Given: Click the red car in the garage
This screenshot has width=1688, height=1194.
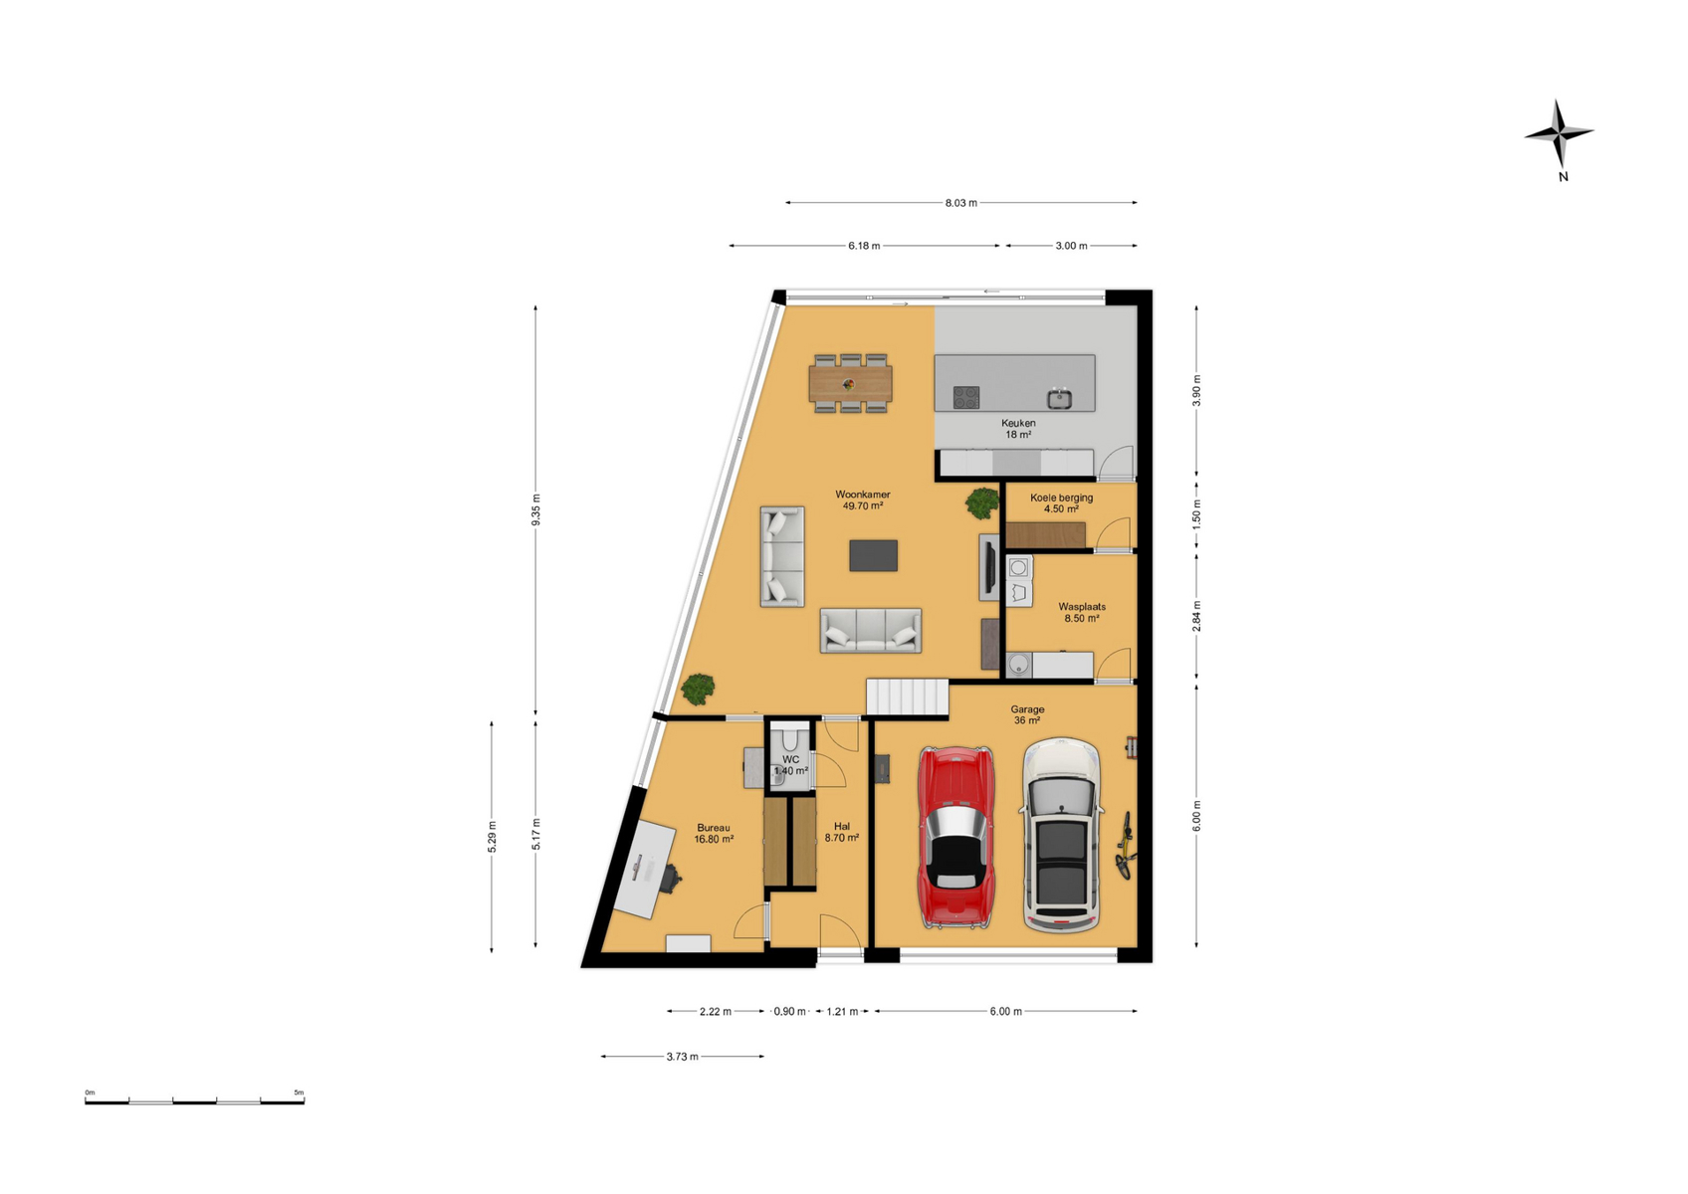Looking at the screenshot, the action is tap(955, 837).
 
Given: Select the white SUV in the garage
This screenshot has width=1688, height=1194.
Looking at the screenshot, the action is tap(1061, 835).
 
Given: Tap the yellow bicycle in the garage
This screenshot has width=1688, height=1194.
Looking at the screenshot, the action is tap(1125, 845).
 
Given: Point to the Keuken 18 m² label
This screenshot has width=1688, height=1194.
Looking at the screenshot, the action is tap(1018, 429).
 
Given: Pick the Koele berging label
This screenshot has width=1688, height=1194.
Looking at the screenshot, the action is tap(1061, 497).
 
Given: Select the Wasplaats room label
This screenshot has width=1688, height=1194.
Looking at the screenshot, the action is tap(1081, 606).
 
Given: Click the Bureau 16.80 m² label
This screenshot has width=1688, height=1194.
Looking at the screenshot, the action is tap(714, 833).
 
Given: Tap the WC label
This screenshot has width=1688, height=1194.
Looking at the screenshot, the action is tap(790, 759).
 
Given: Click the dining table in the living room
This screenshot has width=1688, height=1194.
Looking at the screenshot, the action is tap(850, 383).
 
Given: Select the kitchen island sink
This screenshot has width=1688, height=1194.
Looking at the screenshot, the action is tap(1059, 398).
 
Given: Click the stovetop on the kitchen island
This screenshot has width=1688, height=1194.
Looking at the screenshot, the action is tap(966, 397).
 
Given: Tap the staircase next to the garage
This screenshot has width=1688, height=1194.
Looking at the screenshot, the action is tap(908, 696).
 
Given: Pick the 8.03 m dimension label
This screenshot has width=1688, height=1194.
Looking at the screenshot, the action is tap(961, 203).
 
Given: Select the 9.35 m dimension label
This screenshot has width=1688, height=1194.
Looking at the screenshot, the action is tap(535, 510).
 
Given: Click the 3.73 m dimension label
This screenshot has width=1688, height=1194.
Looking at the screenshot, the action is tap(682, 1057).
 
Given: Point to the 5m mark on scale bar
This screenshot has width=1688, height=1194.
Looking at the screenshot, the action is tap(300, 1094).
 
